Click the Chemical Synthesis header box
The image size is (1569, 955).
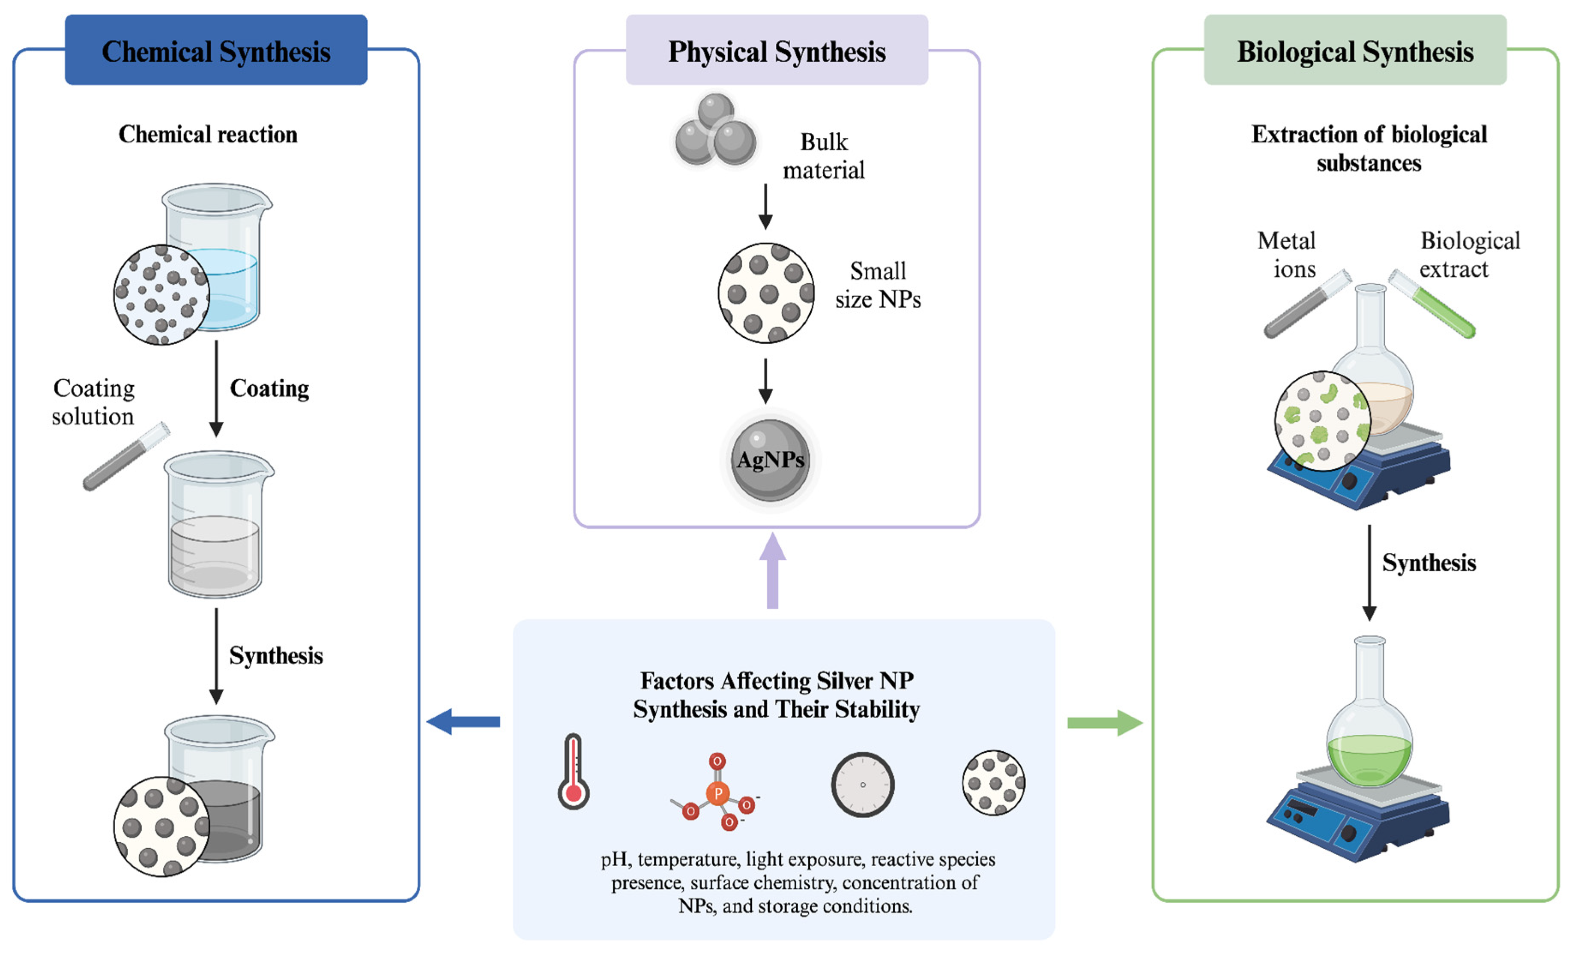(216, 50)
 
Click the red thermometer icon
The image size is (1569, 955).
(573, 772)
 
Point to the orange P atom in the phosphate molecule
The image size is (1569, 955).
(717, 793)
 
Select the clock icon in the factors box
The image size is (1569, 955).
(862, 784)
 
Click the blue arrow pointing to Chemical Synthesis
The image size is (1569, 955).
(463, 722)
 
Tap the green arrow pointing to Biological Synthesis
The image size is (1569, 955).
(1105, 722)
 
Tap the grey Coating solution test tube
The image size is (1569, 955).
(126, 456)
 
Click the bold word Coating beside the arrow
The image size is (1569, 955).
(269, 388)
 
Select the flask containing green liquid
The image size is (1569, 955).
(1369, 733)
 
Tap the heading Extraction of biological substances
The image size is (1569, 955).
(1369, 148)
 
